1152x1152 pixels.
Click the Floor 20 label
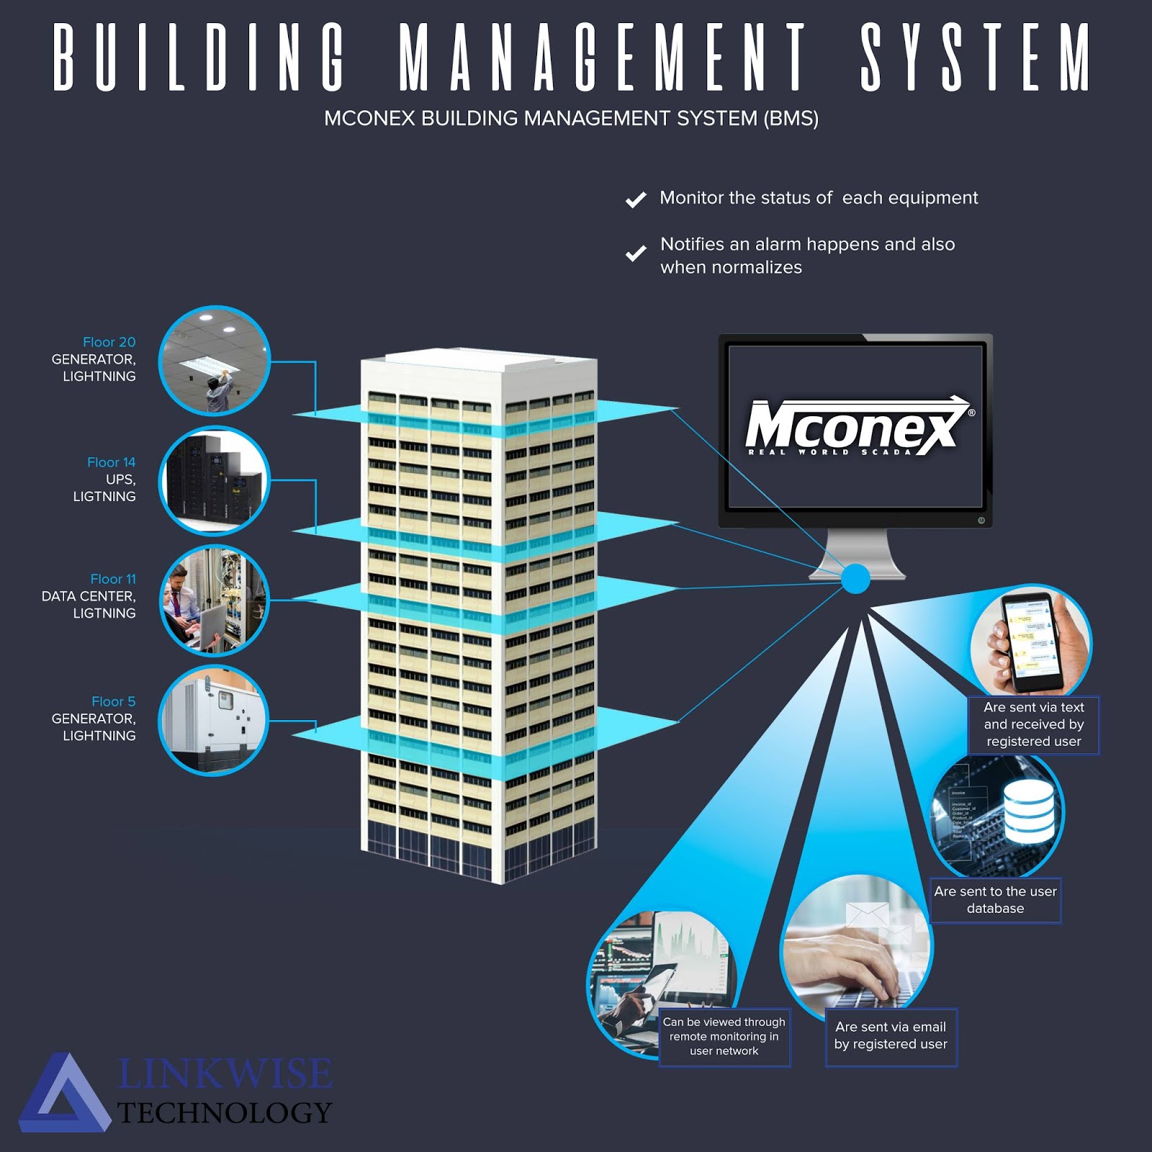click(109, 342)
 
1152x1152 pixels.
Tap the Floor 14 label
click(111, 462)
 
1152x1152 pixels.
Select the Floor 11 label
click(112, 579)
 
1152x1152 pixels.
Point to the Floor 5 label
click(113, 701)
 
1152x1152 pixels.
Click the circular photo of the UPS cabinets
click(214, 481)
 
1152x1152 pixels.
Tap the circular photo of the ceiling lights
click(214, 361)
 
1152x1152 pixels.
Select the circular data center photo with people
click(214, 600)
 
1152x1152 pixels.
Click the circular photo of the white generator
click(214, 720)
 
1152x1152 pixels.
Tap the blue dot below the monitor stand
click(855, 579)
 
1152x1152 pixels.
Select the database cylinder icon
click(1030, 812)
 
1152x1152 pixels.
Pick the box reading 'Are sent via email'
click(891, 1036)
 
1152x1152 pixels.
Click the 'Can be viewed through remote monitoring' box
click(724, 1037)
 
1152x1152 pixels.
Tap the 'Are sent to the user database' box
click(995, 900)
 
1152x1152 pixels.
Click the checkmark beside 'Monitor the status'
click(636, 199)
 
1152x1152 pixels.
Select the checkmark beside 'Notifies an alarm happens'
click(636, 253)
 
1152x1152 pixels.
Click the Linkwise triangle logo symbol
click(65, 1094)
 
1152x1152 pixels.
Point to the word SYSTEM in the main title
click(976, 58)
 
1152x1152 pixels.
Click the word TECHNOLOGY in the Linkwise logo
click(225, 1113)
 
